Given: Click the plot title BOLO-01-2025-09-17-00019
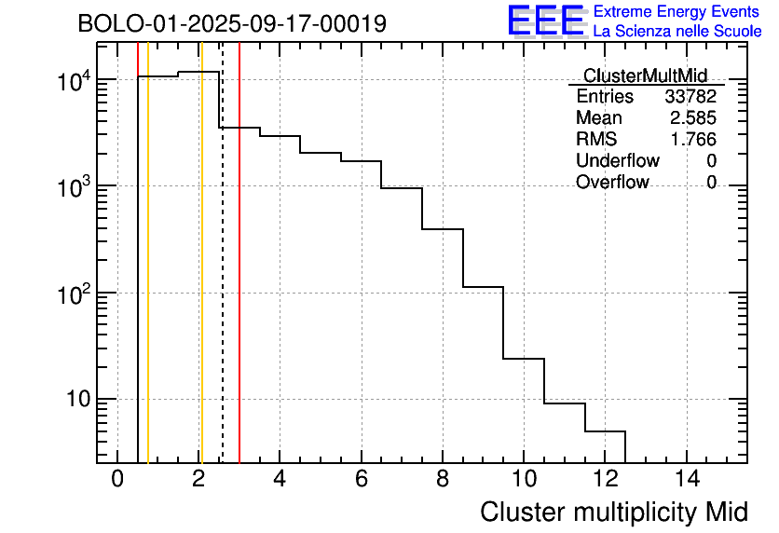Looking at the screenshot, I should click(x=231, y=24).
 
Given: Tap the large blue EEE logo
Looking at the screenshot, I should click(x=545, y=20).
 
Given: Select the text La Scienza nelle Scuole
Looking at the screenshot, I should click(x=677, y=32).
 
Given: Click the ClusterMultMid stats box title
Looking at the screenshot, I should click(x=645, y=75).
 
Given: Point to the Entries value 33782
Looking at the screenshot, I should click(x=690, y=97).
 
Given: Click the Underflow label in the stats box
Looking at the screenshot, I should click(x=617, y=161).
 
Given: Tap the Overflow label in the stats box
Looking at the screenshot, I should click(x=612, y=183).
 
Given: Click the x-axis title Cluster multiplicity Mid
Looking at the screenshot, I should click(x=613, y=512).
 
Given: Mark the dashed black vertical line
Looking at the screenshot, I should click(x=223, y=280).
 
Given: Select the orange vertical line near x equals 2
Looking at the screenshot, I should click(x=201, y=280).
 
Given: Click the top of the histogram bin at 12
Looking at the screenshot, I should click(x=605, y=431).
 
